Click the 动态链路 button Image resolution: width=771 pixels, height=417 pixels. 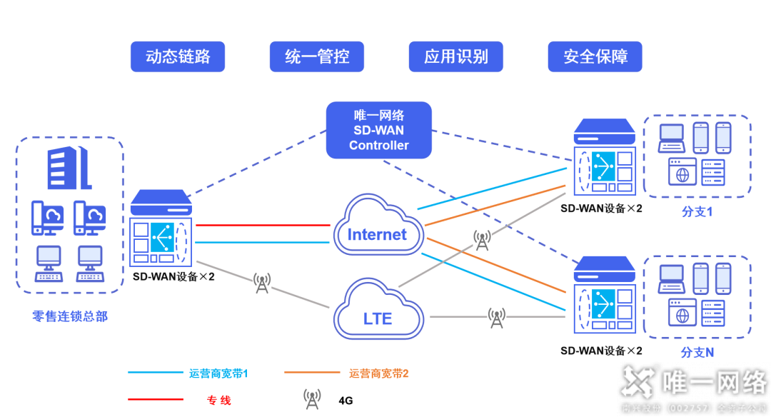tap(177, 56)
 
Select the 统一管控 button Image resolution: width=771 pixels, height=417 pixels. tap(316, 56)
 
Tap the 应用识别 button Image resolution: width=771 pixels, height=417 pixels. tap(455, 56)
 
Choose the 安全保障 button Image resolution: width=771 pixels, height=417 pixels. tap(595, 56)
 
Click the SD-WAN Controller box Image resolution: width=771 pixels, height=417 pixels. tap(379, 130)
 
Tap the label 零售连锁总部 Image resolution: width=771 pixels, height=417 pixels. tap(70, 316)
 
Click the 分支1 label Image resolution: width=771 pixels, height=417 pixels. tap(697, 212)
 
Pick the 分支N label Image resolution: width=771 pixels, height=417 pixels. tap(697, 352)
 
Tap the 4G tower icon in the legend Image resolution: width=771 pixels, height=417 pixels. tap(312, 398)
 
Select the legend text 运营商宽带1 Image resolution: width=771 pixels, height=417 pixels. tap(218, 373)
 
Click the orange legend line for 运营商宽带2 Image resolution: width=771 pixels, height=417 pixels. tap(311, 372)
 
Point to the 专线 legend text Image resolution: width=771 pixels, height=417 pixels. tap(218, 400)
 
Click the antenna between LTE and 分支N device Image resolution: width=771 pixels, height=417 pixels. tap(497, 318)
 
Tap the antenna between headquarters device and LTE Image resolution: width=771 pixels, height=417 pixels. tap(262, 283)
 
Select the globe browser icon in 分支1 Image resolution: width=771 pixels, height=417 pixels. tap(682, 172)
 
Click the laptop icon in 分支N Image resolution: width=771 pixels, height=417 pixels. tap(672, 277)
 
